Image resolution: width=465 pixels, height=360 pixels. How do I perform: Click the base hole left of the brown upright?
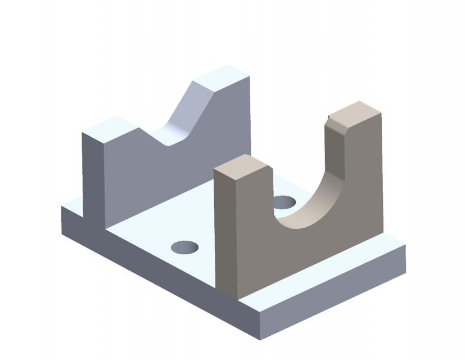click(x=185, y=246)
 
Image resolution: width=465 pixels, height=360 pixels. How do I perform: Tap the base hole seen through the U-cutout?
click(x=284, y=201)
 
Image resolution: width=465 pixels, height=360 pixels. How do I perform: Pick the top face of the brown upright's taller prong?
click(x=354, y=111)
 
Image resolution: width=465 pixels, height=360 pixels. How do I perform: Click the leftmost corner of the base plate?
click(x=62, y=207)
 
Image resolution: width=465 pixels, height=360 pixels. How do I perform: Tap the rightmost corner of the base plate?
click(x=405, y=246)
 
